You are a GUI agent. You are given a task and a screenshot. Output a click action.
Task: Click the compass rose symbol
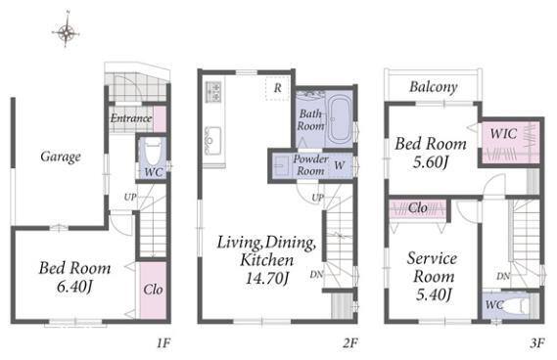66,32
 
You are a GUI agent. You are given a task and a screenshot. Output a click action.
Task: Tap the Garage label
61,157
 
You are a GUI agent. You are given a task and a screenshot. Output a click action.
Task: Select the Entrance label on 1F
131,117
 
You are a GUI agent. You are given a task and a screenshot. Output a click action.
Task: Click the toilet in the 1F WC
154,152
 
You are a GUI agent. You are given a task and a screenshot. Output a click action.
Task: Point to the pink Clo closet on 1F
153,291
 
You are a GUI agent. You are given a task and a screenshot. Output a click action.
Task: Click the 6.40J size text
74,287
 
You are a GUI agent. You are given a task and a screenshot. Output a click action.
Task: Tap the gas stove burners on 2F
214,92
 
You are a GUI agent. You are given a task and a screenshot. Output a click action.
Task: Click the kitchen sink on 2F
213,140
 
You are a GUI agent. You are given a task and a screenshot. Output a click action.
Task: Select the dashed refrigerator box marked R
277,88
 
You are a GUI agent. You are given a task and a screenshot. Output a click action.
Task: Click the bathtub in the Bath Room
340,119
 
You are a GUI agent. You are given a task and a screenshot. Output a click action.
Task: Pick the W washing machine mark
340,165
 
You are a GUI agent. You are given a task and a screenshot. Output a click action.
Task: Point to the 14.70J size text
267,278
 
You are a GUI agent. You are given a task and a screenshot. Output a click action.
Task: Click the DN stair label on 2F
316,274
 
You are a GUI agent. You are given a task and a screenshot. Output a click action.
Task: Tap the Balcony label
434,87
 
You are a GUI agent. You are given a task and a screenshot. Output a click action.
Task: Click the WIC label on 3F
503,134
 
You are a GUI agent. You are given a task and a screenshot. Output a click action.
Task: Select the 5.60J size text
431,161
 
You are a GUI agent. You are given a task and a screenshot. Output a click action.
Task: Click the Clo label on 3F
417,207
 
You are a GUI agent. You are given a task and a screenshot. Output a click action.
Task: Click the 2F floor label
349,343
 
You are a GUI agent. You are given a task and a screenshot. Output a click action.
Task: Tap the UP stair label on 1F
130,197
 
